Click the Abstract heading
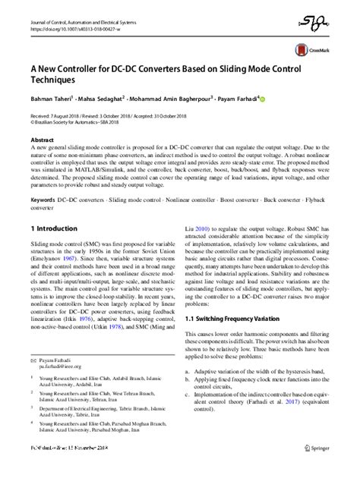pos(42,141)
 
